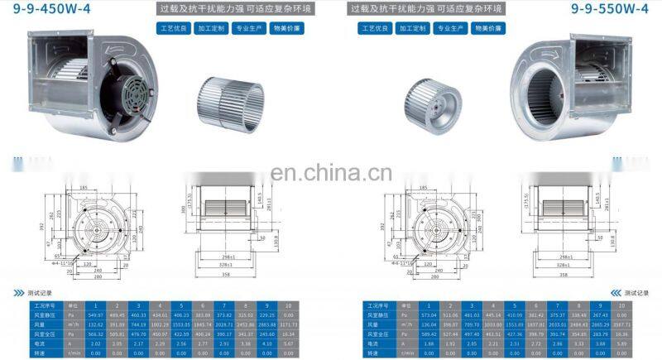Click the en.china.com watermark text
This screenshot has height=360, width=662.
coord(332,174)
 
